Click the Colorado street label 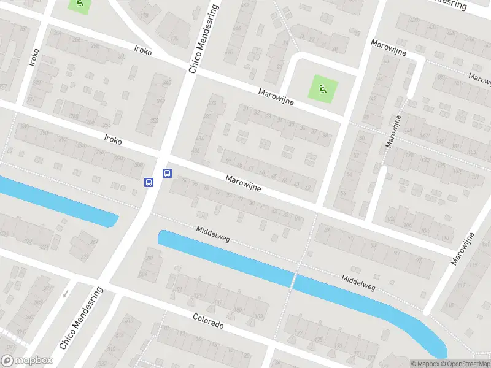click(x=208, y=321)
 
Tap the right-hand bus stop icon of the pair click(x=166, y=174)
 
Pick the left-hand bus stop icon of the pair click(x=148, y=182)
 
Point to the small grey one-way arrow click(x=66, y=293)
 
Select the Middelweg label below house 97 click(x=359, y=282)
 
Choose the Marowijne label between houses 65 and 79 click(x=243, y=183)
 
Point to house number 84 click(x=298, y=218)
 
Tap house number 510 click(x=129, y=320)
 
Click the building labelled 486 click(x=196, y=150)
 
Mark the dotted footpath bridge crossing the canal click(x=293, y=280)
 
